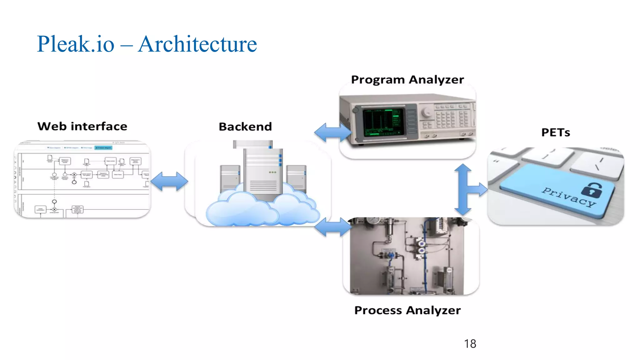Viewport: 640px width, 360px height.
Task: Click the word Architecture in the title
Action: [197, 44]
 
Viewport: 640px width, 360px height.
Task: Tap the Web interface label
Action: [82, 126]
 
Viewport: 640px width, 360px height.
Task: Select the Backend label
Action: [245, 127]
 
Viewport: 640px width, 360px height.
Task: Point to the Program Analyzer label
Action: [407, 80]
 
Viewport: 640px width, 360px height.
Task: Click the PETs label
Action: [556, 132]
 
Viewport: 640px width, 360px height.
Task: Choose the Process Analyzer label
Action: [407, 310]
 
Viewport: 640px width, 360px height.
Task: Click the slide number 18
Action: [470, 344]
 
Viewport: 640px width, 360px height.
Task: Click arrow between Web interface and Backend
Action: [169, 181]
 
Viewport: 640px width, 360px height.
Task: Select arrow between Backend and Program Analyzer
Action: [332, 132]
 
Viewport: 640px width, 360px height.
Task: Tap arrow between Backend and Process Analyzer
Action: [332, 227]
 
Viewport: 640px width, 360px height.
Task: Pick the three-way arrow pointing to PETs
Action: [466, 189]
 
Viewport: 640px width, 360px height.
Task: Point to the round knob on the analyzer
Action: [426, 113]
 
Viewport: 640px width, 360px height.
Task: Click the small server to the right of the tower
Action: [296, 178]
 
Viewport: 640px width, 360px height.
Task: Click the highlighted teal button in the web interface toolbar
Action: [103, 147]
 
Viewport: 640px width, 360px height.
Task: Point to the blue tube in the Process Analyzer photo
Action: [425, 256]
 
